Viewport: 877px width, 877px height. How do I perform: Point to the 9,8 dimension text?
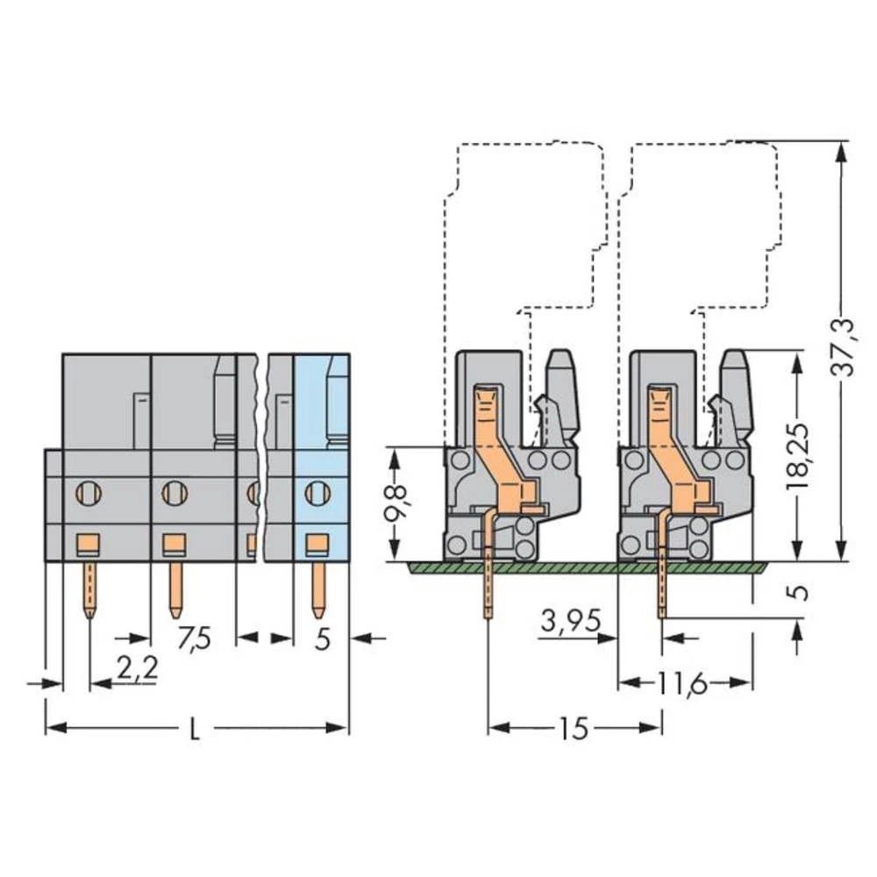(x=397, y=503)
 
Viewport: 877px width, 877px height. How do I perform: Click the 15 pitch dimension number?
(x=574, y=728)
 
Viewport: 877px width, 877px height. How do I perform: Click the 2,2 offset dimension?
(x=137, y=669)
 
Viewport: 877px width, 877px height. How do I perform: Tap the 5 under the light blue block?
(x=322, y=639)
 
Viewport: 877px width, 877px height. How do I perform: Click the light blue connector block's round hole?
(x=317, y=493)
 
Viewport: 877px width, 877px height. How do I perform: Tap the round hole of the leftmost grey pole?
(x=89, y=493)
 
